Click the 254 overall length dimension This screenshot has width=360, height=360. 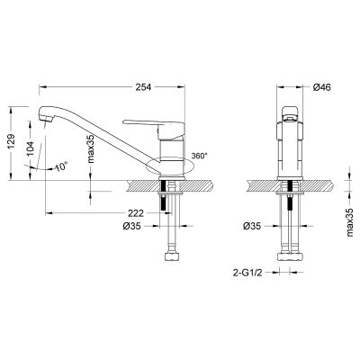(x=144, y=87)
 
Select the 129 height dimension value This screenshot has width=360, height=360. (x=11, y=141)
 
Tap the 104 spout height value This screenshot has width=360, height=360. (x=31, y=148)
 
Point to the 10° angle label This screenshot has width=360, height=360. (x=62, y=166)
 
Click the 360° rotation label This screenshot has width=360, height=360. (x=200, y=156)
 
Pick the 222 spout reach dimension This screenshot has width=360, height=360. (x=136, y=213)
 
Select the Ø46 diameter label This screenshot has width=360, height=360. (x=321, y=87)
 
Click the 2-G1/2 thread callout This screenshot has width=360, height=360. (x=247, y=273)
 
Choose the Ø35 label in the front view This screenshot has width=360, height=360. (x=252, y=226)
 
